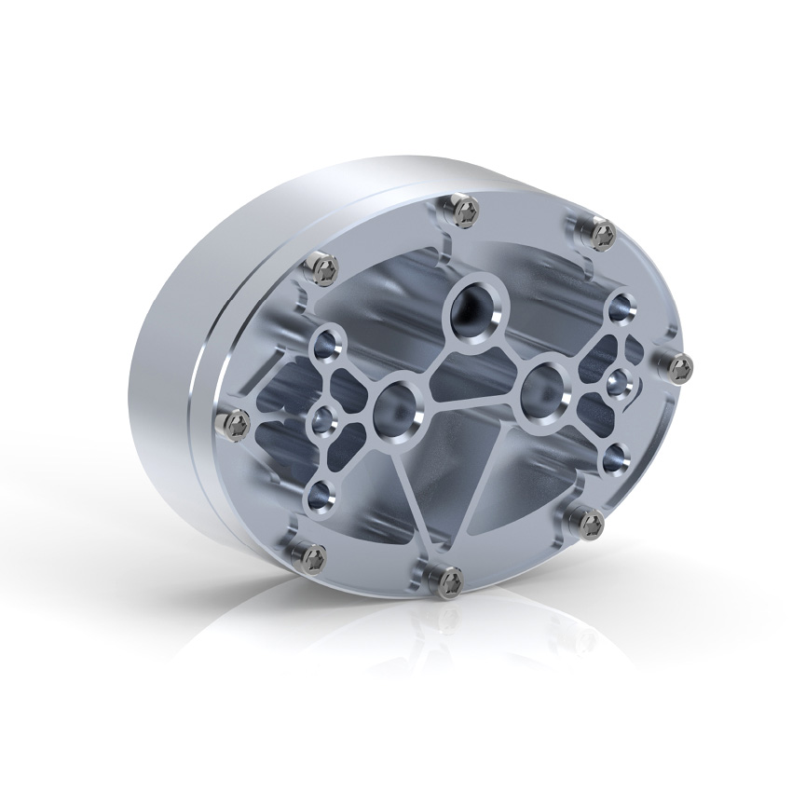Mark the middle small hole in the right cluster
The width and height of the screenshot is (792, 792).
[619, 380]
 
